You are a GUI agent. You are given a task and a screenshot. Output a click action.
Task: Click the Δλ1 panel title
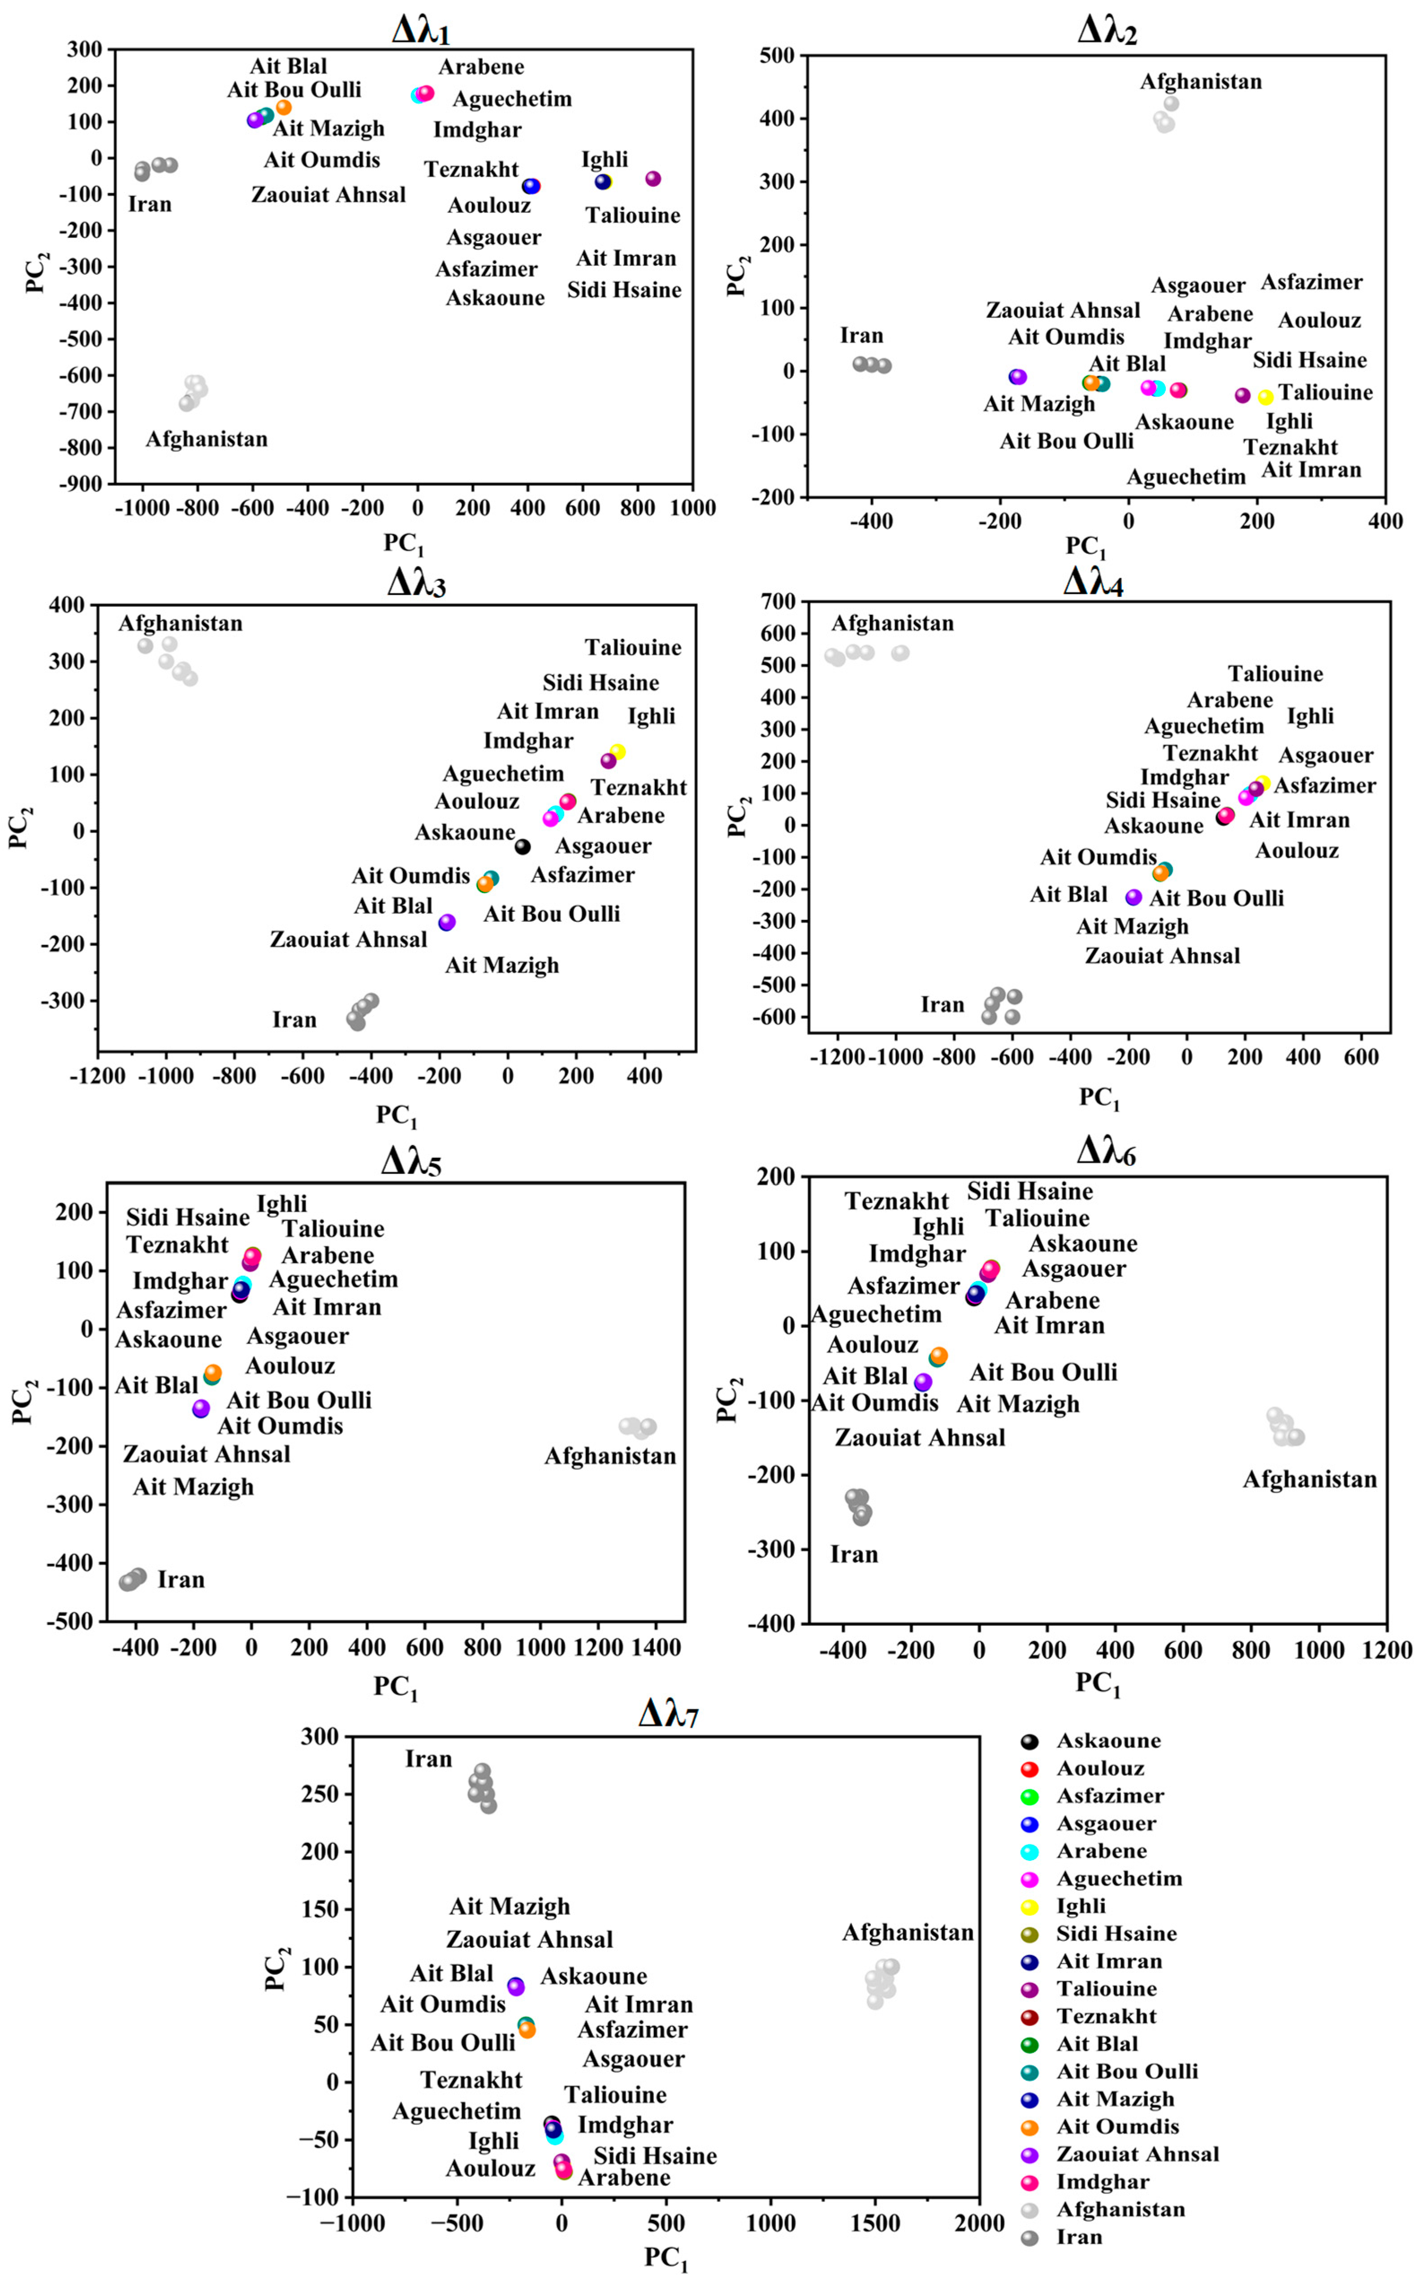point(421,31)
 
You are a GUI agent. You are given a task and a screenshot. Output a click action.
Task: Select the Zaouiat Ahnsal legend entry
point(1137,2154)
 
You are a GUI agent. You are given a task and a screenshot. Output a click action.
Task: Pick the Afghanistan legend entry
point(1120,2210)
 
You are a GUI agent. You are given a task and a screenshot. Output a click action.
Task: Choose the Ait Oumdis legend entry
point(1117,2127)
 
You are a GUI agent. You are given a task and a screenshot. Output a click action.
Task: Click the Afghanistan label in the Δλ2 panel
point(1201,82)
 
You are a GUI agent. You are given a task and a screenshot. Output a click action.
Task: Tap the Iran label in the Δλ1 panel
point(150,204)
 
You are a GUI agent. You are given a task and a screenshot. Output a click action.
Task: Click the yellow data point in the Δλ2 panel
point(1266,398)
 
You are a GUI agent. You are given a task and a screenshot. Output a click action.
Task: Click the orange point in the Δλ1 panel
point(283,107)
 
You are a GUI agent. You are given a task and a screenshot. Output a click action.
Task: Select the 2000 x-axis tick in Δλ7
point(979,2224)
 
